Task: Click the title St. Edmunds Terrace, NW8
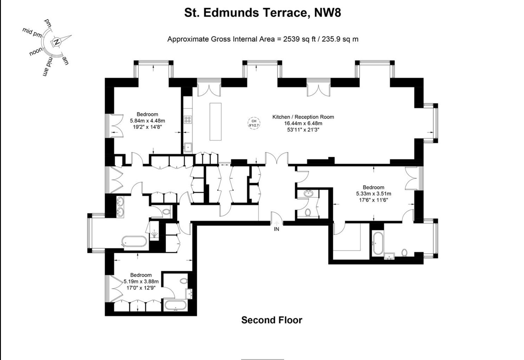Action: tap(263, 13)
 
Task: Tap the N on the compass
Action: tap(57, 42)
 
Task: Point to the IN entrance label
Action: tap(277, 229)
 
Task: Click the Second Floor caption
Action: tap(272, 320)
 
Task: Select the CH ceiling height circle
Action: tap(254, 123)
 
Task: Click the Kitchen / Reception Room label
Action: tap(303, 117)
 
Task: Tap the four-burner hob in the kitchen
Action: tap(188, 120)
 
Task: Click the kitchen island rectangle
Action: tap(216, 121)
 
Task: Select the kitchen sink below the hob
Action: tap(188, 148)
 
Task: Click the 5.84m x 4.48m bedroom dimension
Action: tap(148, 121)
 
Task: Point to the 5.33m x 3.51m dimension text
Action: tap(374, 194)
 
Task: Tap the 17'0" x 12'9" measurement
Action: tap(141, 288)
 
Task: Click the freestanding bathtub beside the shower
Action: tap(134, 242)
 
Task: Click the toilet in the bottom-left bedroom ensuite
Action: tap(183, 281)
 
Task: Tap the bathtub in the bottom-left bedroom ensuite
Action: tap(175, 305)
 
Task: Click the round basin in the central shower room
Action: tap(308, 193)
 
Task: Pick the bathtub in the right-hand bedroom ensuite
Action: tap(377, 243)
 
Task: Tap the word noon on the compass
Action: tap(36, 52)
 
